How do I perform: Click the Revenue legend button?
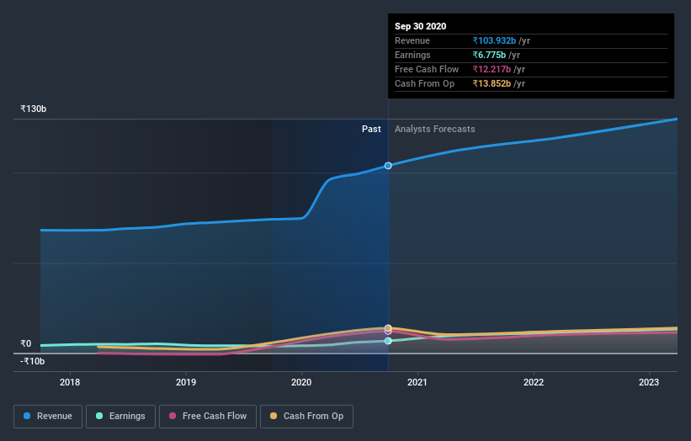49,416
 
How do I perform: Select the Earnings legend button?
120,416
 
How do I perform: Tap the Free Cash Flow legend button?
208,416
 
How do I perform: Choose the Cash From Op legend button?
307,416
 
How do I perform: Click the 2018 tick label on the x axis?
70,382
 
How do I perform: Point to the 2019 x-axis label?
186,382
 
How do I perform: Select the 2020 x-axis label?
301,382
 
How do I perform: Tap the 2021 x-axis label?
417,382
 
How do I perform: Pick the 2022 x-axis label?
533,382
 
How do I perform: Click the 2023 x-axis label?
649,382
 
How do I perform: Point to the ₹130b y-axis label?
34,109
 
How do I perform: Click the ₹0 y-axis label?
26,343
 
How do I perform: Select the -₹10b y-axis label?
34,361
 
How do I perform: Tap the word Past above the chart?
371,129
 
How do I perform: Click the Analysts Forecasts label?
434,129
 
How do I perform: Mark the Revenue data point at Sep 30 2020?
388,166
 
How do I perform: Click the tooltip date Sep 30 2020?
421,26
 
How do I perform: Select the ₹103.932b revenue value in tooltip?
495,40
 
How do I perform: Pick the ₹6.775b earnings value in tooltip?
492,55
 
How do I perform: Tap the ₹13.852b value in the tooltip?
493,83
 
